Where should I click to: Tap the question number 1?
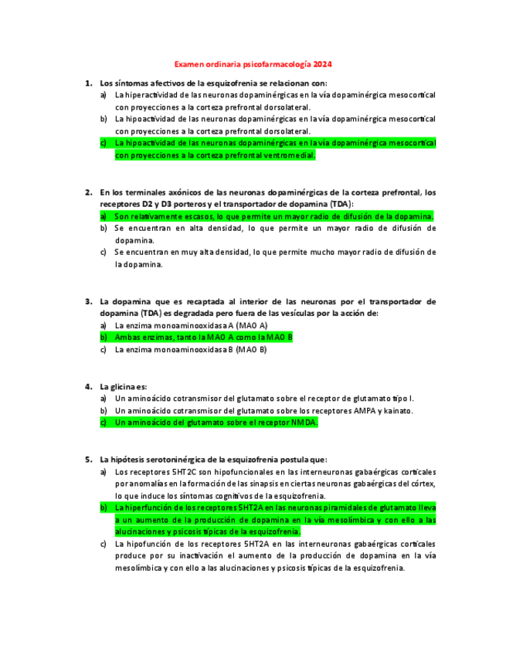click(x=88, y=83)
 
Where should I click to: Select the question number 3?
click(x=88, y=301)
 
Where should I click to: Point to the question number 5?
click(x=88, y=459)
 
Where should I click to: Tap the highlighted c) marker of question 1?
click(x=104, y=143)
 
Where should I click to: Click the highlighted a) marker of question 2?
click(x=104, y=216)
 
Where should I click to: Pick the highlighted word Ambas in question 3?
click(x=127, y=338)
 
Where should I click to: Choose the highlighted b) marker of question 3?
click(x=104, y=338)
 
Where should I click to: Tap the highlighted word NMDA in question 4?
click(x=303, y=423)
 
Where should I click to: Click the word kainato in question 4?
click(x=398, y=410)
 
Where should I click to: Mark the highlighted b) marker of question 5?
click(x=104, y=507)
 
